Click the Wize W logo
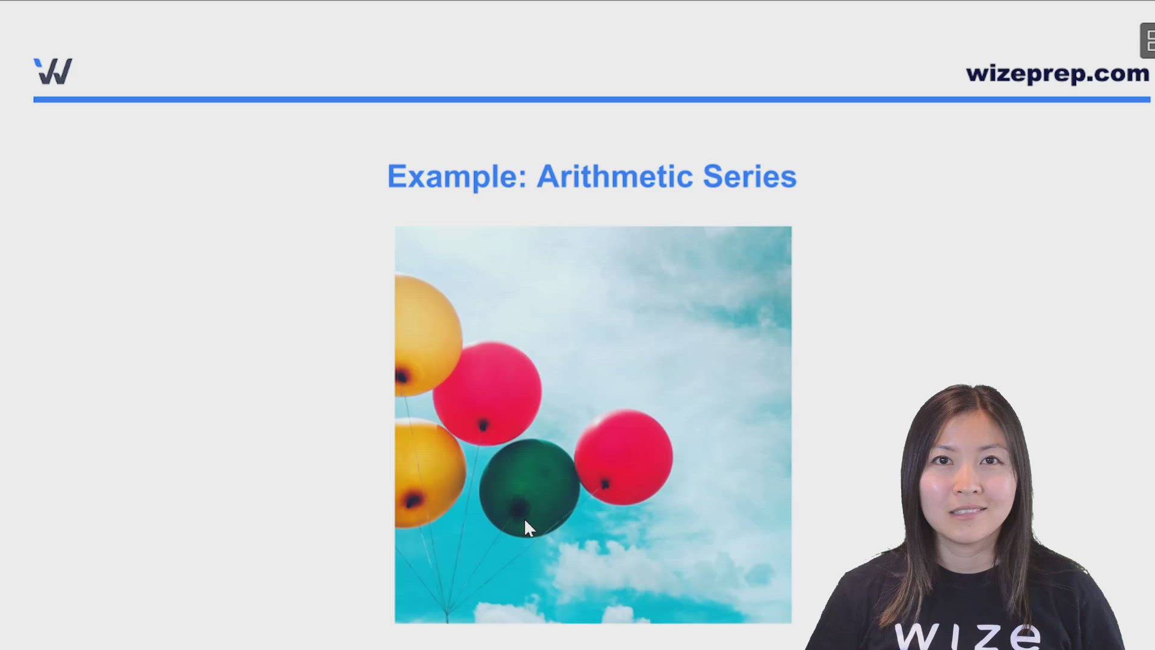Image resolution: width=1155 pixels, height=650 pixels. point(53,72)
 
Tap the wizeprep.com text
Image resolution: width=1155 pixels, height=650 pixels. point(1057,73)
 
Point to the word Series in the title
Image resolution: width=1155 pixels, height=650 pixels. point(749,177)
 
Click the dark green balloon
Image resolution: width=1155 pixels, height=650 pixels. point(529,481)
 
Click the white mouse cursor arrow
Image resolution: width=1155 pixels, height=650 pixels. point(529,528)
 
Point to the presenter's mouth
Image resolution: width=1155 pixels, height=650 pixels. point(967,512)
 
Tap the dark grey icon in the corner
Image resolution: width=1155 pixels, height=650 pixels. point(1148,41)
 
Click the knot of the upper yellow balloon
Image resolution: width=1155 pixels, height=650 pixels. point(402,377)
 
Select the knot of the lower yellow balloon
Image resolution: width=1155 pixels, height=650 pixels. point(413,500)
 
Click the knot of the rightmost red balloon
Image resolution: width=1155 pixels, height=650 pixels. point(605,483)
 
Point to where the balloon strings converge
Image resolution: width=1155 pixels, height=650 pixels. point(447,615)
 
